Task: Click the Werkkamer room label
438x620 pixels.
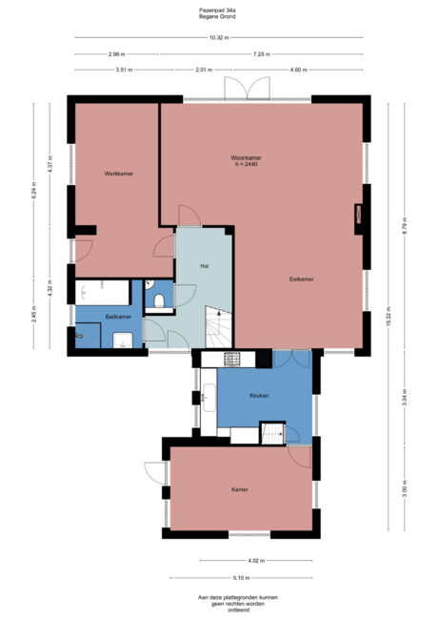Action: pyautogui.click(x=118, y=174)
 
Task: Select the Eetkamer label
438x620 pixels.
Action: pyautogui.click(x=303, y=279)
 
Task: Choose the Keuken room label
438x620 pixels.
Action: pyautogui.click(x=259, y=395)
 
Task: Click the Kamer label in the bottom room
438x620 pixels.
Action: pyautogui.click(x=240, y=489)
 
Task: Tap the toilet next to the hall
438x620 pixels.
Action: pyautogui.click(x=159, y=300)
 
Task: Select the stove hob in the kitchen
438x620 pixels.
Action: pyautogui.click(x=232, y=359)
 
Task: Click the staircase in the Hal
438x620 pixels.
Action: pyautogui.click(x=219, y=329)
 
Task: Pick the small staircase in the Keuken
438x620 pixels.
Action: pyautogui.click(x=274, y=433)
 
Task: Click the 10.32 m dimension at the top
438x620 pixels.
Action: pyautogui.click(x=217, y=37)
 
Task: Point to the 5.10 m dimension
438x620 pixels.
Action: pyautogui.click(x=241, y=578)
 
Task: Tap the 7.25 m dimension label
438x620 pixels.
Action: pyautogui.click(x=260, y=53)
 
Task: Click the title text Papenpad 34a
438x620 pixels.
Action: pyautogui.click(x=218, y=10)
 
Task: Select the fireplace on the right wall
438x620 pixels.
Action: pyautogui.click(x=359, y=216)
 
